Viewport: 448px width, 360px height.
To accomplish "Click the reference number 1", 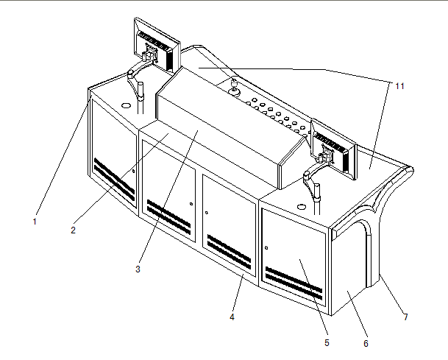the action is click(35, 222).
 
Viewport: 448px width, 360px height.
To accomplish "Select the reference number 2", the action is click(73, 230).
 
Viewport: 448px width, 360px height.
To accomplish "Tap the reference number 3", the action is click(138, 269).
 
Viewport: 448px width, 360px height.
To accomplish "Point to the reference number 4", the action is click(232, 317).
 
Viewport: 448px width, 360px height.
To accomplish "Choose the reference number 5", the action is click(327, 342).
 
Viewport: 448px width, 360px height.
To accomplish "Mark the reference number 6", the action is click(366, 343).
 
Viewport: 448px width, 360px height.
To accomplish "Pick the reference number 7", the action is click(406, 317).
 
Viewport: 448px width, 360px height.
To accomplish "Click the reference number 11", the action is click(399, 86).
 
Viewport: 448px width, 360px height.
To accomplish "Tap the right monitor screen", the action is click(333, 149).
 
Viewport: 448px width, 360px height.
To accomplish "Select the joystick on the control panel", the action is click(235, 87).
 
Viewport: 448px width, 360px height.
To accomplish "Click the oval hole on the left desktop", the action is click(126, 105).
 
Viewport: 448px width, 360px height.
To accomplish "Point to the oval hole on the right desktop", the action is click(302, 207).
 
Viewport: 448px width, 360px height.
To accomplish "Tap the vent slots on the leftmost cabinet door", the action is click(114, 180).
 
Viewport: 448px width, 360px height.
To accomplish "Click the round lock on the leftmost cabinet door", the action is click(133, 171).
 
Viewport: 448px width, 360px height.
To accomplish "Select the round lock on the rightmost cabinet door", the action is click(266, 248).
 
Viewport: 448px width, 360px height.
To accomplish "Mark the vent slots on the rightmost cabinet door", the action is click(294, 283).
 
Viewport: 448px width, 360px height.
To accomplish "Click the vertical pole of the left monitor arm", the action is click(141, 98).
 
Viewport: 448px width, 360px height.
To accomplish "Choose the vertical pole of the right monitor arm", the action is click(317, 200).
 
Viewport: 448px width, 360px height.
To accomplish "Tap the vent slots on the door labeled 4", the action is click(229, 252).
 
